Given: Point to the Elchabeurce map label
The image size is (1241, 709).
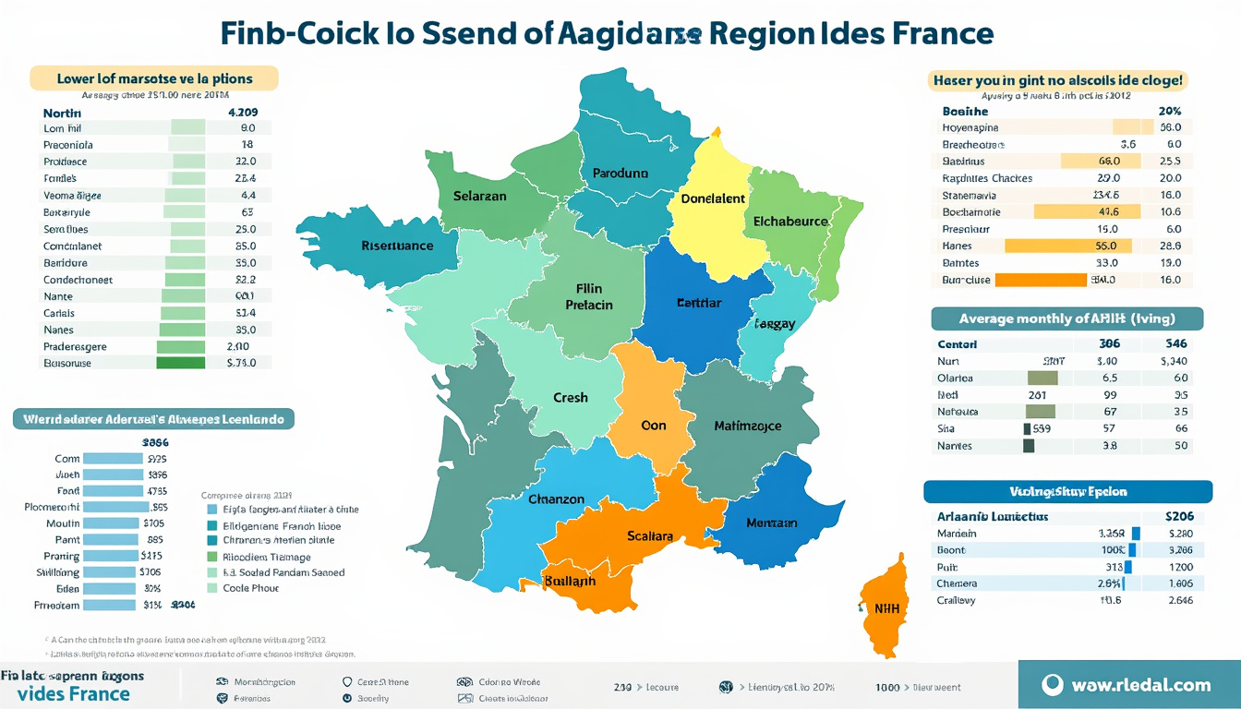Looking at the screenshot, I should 790,222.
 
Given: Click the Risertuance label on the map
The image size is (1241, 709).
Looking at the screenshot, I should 397,246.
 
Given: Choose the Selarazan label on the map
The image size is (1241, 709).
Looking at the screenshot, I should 480,197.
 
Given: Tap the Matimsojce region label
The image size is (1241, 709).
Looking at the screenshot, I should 748,426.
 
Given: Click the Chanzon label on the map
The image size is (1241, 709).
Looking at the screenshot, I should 556,499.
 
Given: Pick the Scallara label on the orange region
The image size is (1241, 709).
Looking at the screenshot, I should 650,535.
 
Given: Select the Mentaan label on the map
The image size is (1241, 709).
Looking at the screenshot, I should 771,523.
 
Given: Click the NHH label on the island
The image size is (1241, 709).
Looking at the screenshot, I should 886,608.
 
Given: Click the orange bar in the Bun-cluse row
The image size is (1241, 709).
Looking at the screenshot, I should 1041,280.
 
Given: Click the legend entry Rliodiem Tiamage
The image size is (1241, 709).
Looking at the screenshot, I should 266,557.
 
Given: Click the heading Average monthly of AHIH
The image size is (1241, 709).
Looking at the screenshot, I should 1066,318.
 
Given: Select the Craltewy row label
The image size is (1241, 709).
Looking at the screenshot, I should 957,600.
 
